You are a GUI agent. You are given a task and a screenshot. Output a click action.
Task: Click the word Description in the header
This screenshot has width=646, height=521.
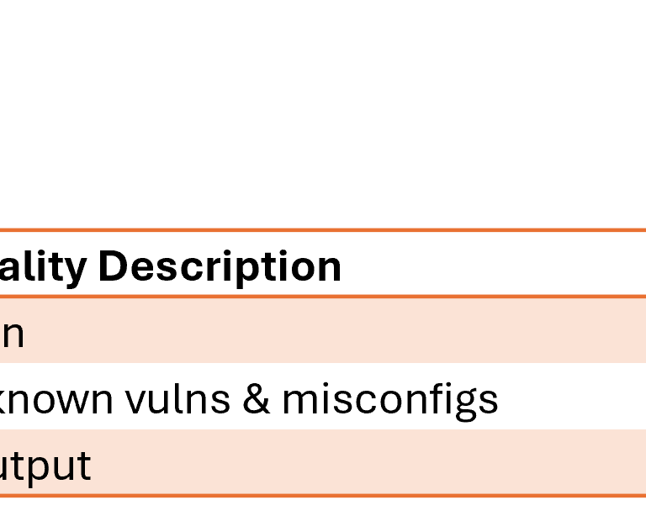point(220,267)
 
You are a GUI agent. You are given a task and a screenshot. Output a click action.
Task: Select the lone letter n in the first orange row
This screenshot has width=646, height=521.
point(12,334)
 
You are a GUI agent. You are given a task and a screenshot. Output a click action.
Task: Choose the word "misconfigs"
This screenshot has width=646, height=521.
point(389,401)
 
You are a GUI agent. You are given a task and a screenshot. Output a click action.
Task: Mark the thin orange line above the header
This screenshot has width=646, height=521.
point(323,229)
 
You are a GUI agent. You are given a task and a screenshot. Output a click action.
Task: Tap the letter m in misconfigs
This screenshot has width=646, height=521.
point(299,401)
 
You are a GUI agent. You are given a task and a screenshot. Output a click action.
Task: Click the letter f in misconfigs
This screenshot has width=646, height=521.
point(435,397)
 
